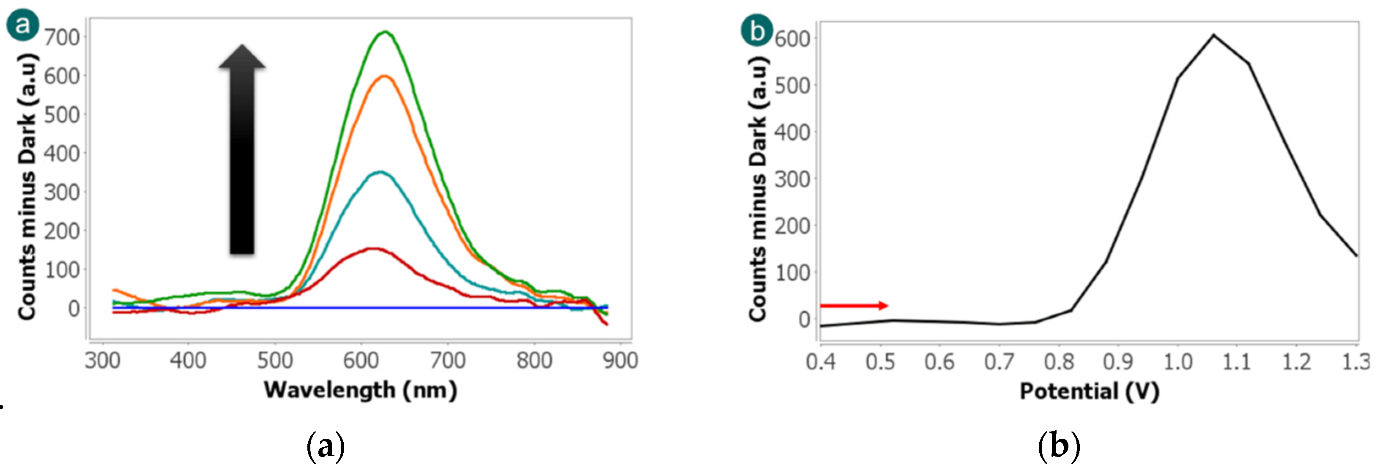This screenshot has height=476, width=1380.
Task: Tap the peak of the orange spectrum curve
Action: click(x=384, y=77)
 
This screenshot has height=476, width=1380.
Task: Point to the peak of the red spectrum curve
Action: click(x=373, y=249)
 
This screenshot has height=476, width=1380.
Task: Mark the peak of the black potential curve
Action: click(x=1213, y=36)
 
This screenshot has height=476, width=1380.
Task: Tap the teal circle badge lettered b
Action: click(x=756, y=30)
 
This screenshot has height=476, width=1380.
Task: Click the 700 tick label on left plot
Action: click(x=62, y=38)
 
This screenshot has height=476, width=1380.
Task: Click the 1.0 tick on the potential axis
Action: click(x=1177, y=362)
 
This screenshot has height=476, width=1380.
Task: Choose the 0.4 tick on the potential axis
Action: click(x=821, y=362)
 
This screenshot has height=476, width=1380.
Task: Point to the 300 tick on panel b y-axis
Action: click(x=792, y=179)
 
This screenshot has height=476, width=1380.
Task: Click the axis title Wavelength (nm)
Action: click(x=361, y=390)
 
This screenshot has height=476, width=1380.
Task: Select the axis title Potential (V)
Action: click(x=1089, y=391)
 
